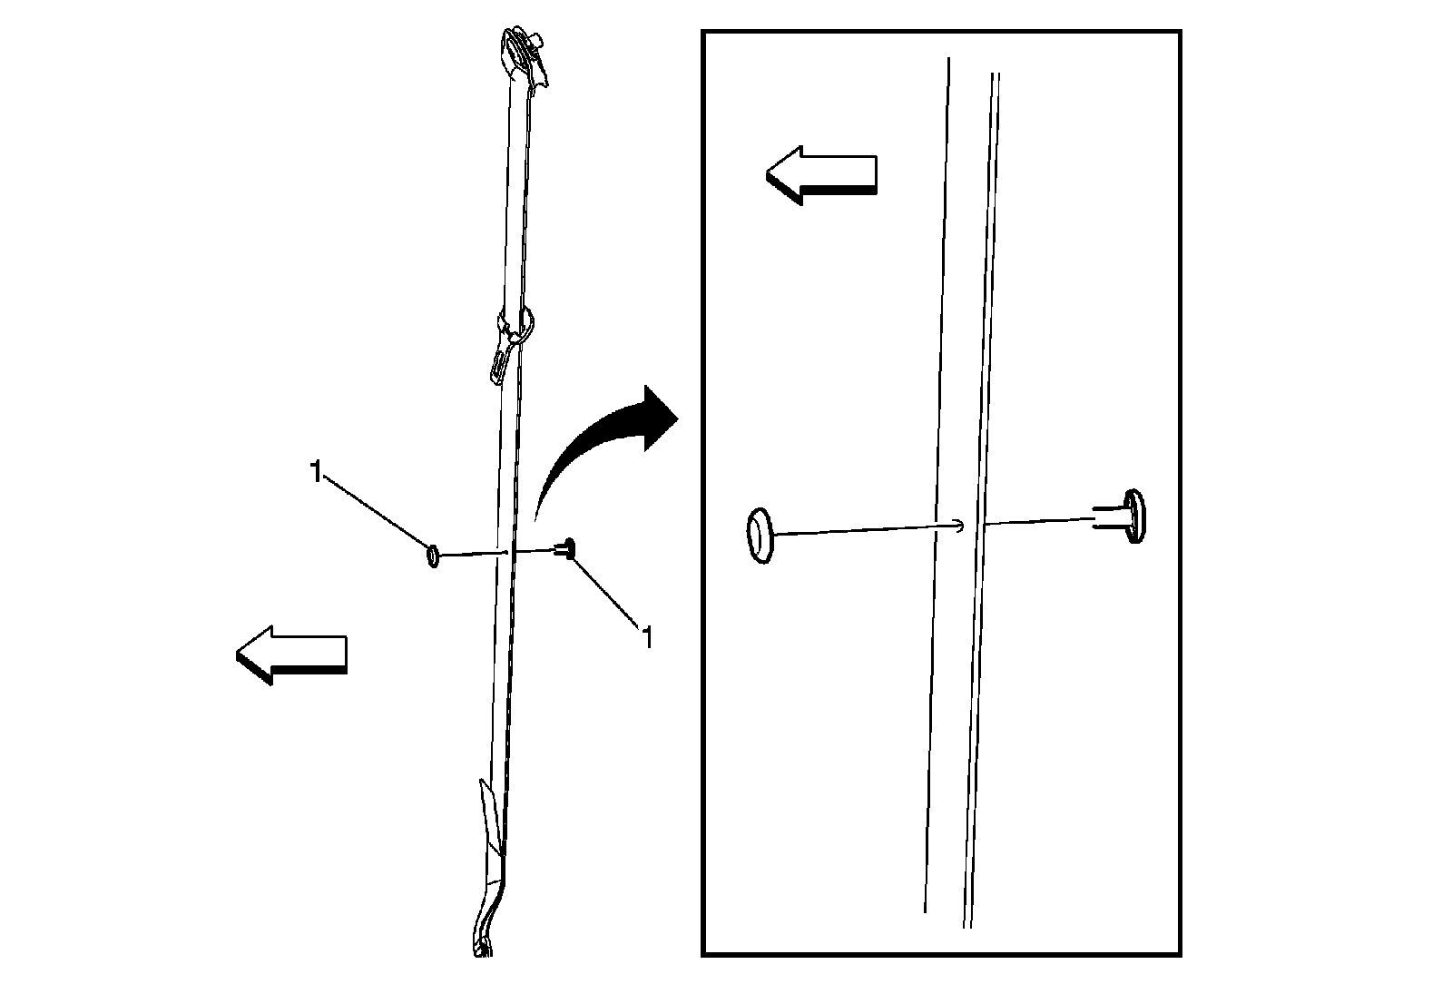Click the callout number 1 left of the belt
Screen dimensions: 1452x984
tap(317, 472)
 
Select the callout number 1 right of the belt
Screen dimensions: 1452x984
tap(646, 637)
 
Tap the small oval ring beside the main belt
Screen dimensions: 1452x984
tap(433, 556)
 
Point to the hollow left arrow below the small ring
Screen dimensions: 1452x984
tap(291, 654)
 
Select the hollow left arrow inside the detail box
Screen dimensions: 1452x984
tap(821, 175)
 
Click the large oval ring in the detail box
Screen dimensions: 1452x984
tap(760, 536)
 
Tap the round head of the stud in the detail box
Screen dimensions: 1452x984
tap(1134, 516)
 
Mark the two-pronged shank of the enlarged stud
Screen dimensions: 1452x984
tap(1109, 517)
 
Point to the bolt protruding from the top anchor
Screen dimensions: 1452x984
tap(537, 42)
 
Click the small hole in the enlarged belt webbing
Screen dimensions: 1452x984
tap(960, 526)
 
